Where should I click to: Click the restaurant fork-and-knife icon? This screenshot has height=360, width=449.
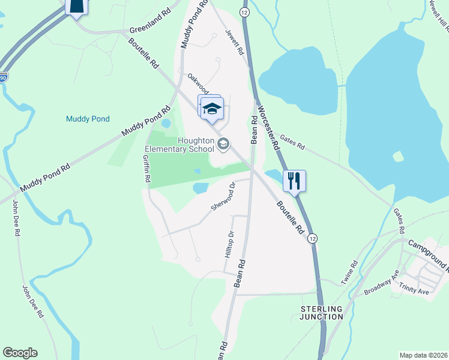tap(294, 181)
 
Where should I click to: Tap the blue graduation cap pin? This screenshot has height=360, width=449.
tap(211, 108)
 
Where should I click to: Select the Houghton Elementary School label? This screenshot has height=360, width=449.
tap(179, 145)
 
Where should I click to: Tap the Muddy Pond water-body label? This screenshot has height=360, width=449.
tap(88, 119)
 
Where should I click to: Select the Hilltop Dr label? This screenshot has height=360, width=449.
tap(228, 245)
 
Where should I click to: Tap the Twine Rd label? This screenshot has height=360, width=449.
tap(349, 271)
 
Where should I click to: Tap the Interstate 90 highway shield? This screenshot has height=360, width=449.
tap(3, 77)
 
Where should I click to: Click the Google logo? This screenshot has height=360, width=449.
tap(20, 353)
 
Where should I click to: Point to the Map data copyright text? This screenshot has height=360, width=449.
tap(423, 355)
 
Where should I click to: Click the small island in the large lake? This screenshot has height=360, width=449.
tap(397, 157)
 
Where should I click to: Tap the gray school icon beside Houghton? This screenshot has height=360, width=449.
tap(223, 143)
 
